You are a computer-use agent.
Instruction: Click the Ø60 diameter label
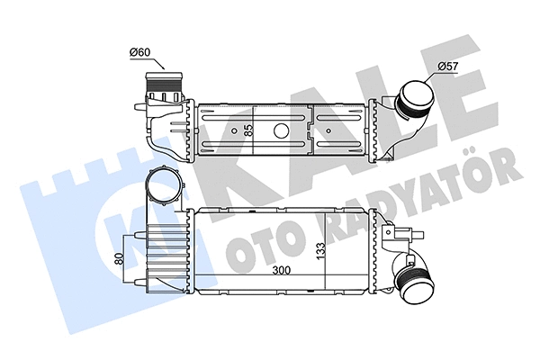point(139,51)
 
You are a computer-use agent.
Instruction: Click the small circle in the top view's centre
point(281,130)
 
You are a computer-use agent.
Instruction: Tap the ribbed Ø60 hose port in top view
point(162,91)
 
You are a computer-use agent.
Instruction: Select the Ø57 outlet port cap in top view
point(415,98)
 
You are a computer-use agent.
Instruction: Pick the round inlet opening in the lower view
point(166,190)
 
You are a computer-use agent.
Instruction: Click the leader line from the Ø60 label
point(155,61)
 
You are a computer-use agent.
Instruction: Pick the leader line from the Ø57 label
point(433,72)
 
